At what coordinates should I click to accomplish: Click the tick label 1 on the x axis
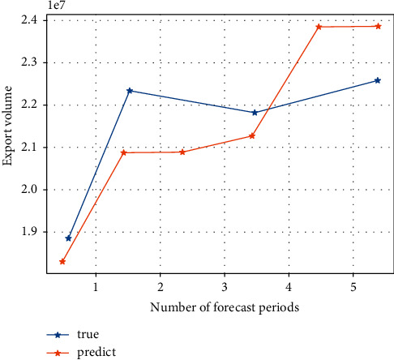(96, 288)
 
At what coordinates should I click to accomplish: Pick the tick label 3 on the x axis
(225, 288)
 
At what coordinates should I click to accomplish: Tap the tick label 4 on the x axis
(289, 288)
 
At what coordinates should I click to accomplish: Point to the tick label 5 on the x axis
(353, 288)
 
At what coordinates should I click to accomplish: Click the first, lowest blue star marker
(68, 238)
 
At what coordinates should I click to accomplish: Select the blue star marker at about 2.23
(130, 91)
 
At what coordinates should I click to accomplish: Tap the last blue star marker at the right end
(377, 80)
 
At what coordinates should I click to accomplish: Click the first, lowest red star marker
(62, 261)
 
